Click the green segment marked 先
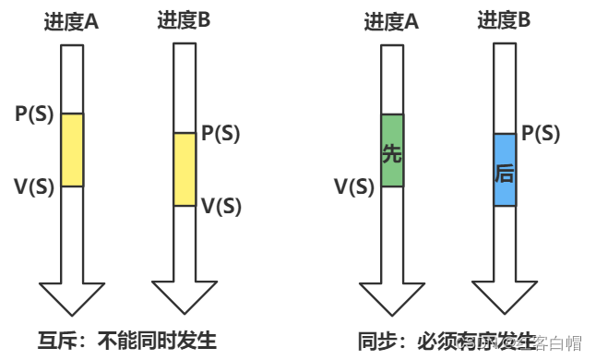[x=392, y=151]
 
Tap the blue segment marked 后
[x=504, y=170]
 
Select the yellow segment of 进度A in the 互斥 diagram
[x=72, y=150]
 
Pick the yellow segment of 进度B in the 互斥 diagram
[x=185, y=169]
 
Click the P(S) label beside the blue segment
[x=541, y=133]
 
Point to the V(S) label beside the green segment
[x=353, y=187]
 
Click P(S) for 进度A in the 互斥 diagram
[x=35, y=114]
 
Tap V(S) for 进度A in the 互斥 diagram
[x=34, y=186]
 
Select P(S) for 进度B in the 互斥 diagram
[x=221, y=133]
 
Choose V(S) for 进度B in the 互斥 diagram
[x=221, y=206]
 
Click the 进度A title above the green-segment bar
[x=391, y=20]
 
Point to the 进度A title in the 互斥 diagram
[x=71, y=20]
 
